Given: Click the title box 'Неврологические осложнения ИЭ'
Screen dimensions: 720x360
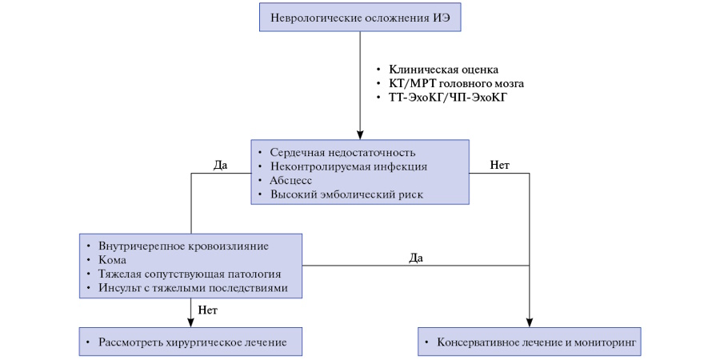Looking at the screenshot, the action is coord(360,17).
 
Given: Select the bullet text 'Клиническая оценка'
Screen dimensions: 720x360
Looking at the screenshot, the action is coord(443,70).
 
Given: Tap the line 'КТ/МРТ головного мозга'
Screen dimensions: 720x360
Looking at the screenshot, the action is coord(457,84).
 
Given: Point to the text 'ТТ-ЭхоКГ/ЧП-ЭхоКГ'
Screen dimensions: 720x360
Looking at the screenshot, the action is coord(448,98).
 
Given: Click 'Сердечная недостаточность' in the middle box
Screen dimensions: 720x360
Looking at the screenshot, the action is coord(343,153).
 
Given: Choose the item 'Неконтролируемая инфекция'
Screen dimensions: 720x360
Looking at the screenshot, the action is coord(349,166).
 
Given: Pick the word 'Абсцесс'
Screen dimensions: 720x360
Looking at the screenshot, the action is coord(291,181).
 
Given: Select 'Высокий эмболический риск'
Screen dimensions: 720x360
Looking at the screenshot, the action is coord(346,194).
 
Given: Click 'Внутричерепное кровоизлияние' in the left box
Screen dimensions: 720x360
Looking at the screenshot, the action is coord(183,246).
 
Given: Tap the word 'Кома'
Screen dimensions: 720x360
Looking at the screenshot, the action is coord(112,260).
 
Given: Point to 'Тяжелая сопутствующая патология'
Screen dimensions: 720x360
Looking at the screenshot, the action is coord(189,274).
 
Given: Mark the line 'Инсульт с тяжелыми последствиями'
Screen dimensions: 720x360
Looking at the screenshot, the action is coord(193,288).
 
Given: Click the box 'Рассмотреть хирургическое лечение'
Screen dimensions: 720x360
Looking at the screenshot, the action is coord(190,342).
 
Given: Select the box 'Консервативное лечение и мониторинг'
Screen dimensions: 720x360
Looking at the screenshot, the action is coord(530,342).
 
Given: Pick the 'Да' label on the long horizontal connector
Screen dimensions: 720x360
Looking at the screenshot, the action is coord(416,258).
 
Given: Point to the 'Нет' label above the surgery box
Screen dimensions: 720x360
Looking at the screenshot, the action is coord(207,310).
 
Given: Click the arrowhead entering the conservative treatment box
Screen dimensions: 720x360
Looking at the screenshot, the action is coord(530,323).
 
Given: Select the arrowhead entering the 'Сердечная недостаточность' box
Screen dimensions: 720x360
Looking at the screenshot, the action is coord(360,135).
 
